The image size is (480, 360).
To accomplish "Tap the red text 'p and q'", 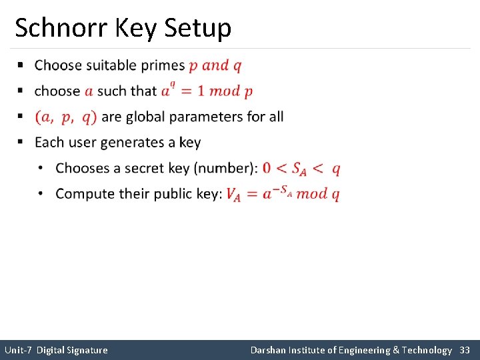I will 215,65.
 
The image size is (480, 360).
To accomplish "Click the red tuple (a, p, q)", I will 66,117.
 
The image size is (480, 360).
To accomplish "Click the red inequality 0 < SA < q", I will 301,169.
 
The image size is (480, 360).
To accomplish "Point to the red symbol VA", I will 233,195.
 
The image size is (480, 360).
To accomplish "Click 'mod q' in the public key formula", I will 318,194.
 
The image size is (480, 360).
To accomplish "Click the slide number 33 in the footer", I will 465,350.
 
